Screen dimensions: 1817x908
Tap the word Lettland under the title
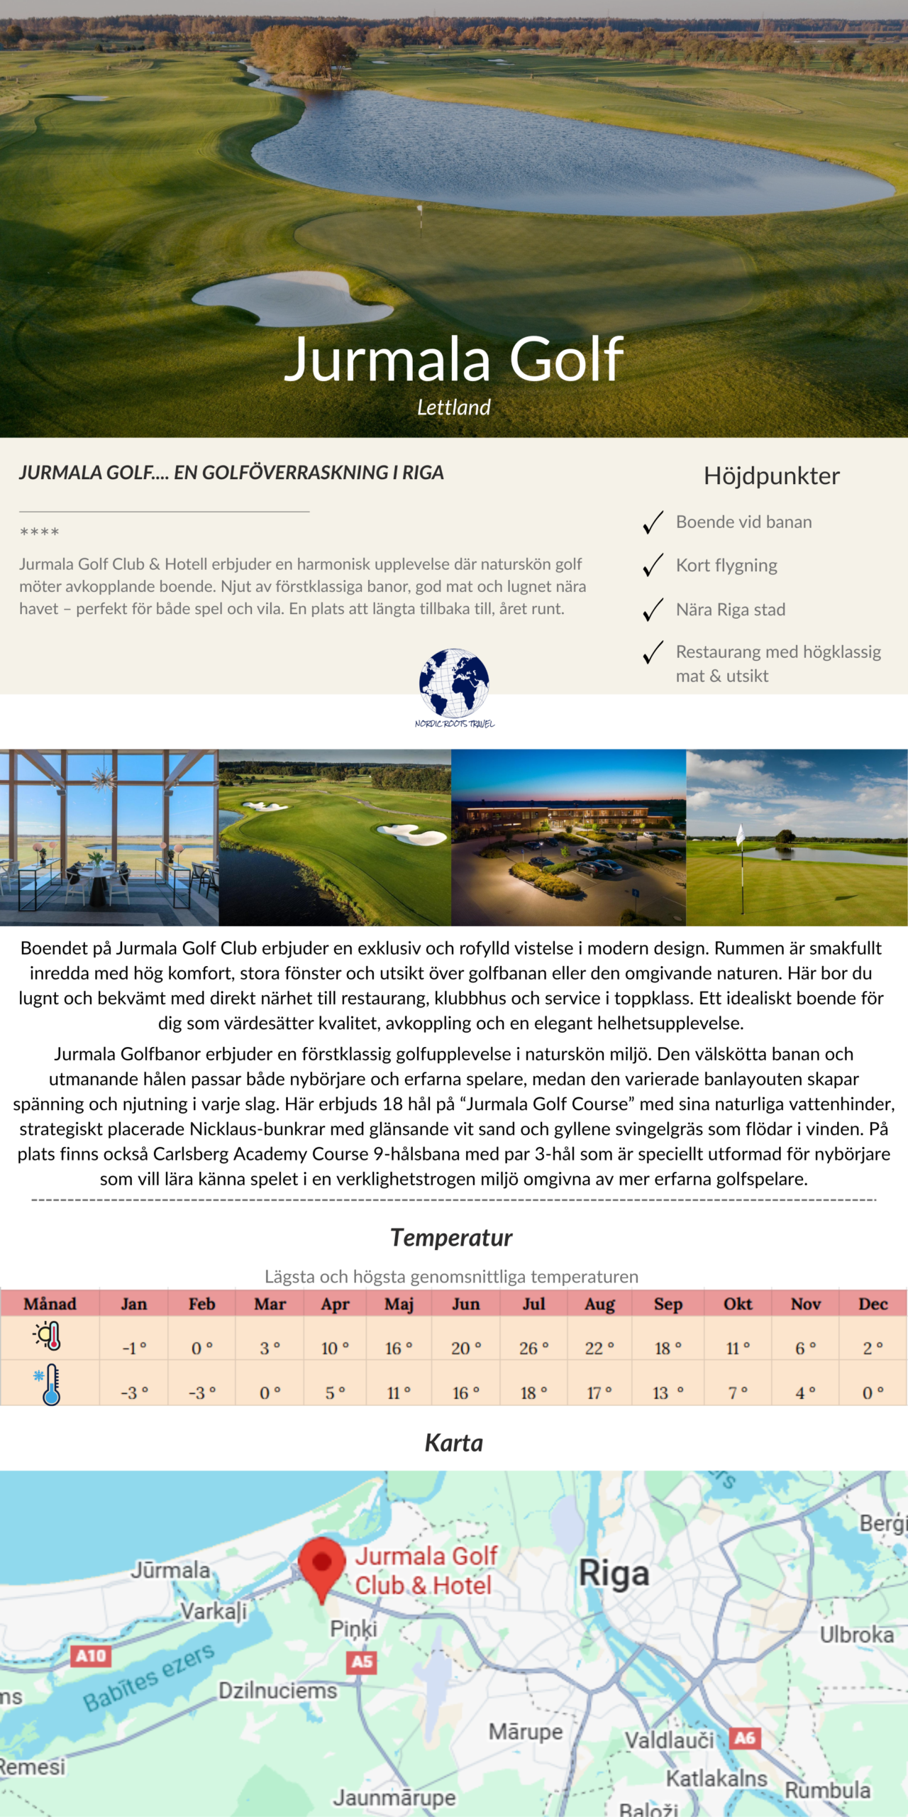pyautogui.click(x=453, y=407)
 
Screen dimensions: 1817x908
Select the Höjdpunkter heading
pyautogui.click(x=771, y=476)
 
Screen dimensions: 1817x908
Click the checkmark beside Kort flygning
pyautogui.click(x=653, y=566)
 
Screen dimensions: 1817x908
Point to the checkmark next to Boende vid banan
pyautogui.click(x=653, y=522)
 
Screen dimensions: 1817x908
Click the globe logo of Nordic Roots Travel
pyautogui.click(x=454, y=683)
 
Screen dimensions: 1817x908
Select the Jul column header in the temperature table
pyautogui.click(x=533, y=1304)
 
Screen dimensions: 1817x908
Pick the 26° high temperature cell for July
pyautogui.click(x=533, y=1348)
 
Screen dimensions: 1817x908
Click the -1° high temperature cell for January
pyautogui.click(x=133, y=1348)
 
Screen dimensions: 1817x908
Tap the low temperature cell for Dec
pyautogui.click(x=873, y=1393)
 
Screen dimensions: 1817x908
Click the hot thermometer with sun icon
pyautogui.click(x=48, y=1336)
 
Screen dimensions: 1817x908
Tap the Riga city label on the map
pyautogui.click(x=614, y=1574)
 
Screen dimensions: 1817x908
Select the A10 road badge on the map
pyautogui.click(x=91, y=1656)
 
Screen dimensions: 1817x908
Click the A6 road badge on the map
pyautogui.click(x=745, y=1738)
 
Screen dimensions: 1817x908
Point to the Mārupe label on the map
pyautogui.click(x=525, y=1732)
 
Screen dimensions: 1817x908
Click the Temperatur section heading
pyautogui.click(x=451, y=1238)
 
